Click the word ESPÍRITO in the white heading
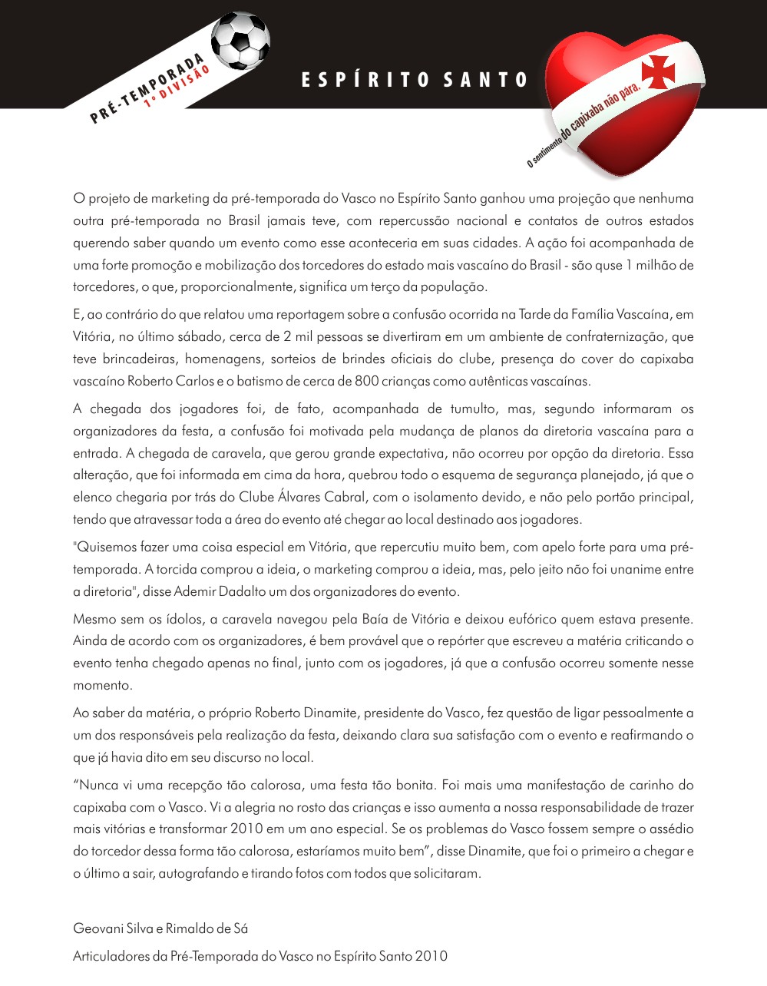point(365,80)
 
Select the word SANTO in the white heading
point(486,80)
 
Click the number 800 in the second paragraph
point(367,381)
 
